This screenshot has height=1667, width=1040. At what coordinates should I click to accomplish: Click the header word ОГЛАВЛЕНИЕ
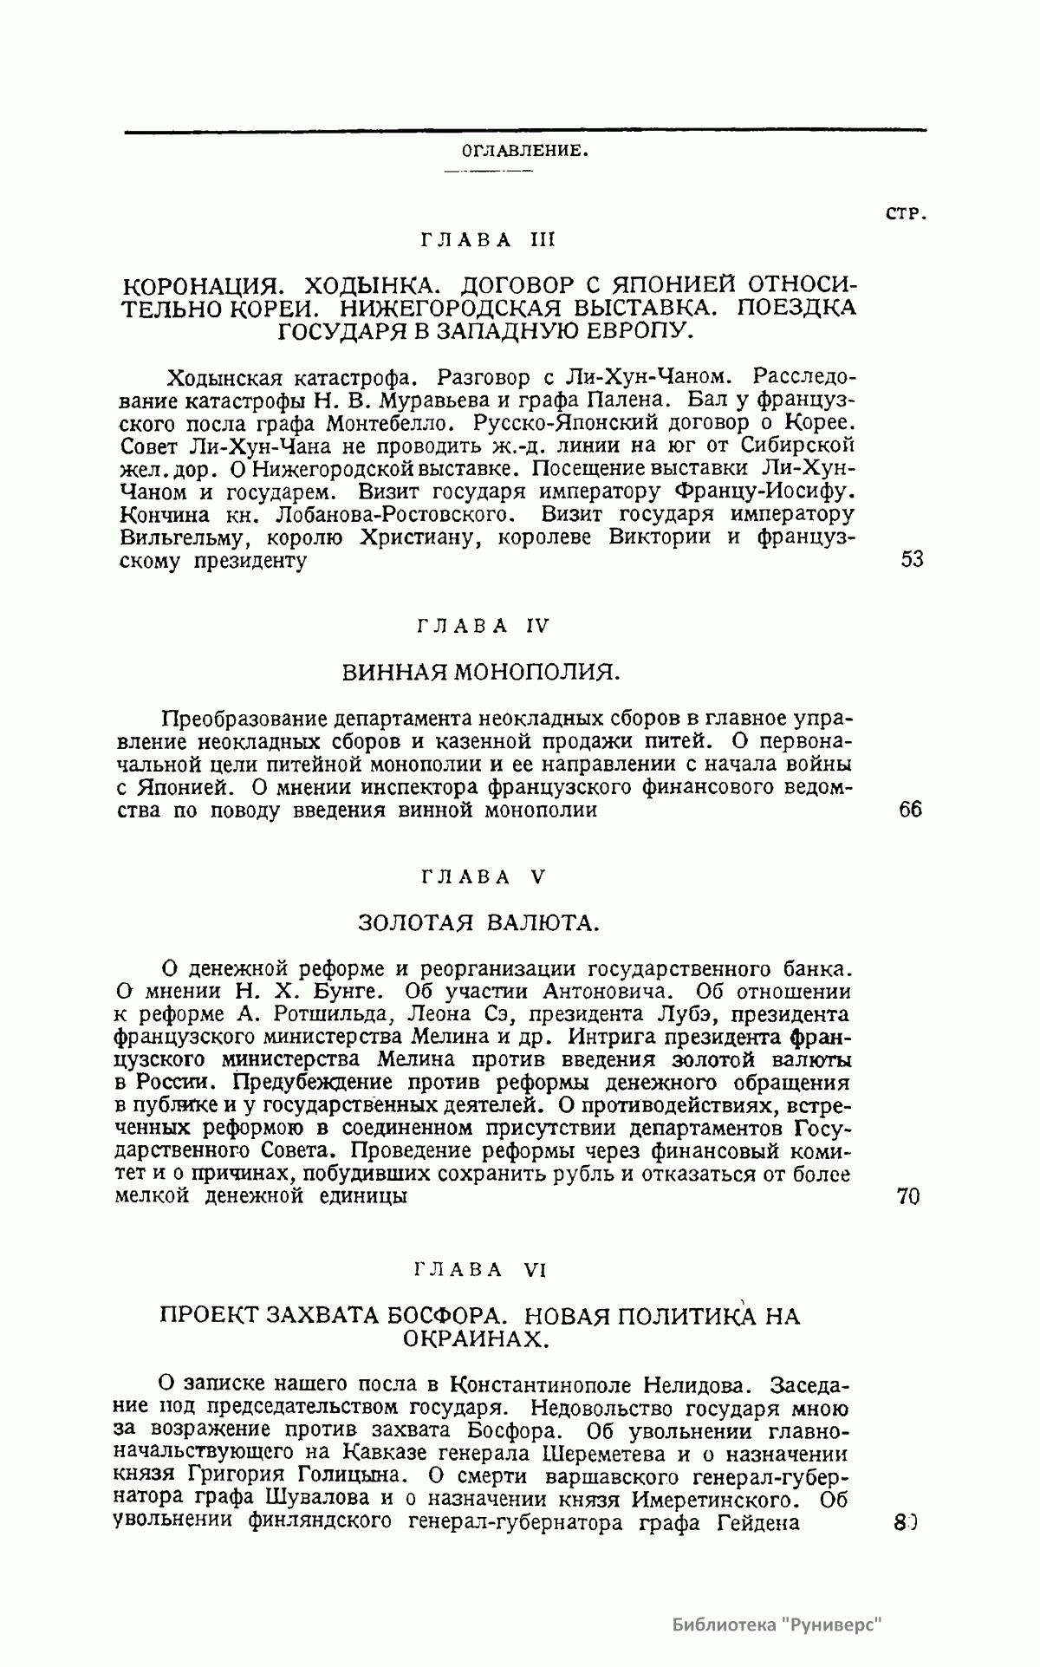pos(526,150)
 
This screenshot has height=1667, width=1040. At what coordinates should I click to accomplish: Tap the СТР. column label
pos(906,214)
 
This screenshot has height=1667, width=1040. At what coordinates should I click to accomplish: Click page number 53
pos(912,559)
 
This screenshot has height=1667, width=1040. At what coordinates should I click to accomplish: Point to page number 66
pos(911,811)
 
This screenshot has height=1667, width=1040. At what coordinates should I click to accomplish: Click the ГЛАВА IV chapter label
pos(484,626)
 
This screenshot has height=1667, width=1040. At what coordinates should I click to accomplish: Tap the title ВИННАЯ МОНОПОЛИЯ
pos(479,672)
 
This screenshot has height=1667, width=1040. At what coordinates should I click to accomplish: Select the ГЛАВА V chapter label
pos(484,877)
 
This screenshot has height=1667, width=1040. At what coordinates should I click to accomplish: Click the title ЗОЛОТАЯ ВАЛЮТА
pos(479,921)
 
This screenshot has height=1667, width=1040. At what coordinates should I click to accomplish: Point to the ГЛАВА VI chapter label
pos(480,1270)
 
